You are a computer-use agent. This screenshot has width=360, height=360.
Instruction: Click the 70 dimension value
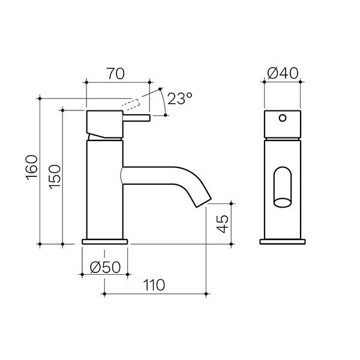116,74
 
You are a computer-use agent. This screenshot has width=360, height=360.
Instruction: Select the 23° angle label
179,99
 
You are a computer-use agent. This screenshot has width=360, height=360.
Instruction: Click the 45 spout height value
222,224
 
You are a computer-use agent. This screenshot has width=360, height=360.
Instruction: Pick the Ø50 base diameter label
105,267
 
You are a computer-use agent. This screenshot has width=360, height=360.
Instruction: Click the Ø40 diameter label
282,74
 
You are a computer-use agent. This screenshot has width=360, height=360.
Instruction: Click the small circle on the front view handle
283,118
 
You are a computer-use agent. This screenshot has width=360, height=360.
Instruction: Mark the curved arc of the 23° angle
164,102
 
